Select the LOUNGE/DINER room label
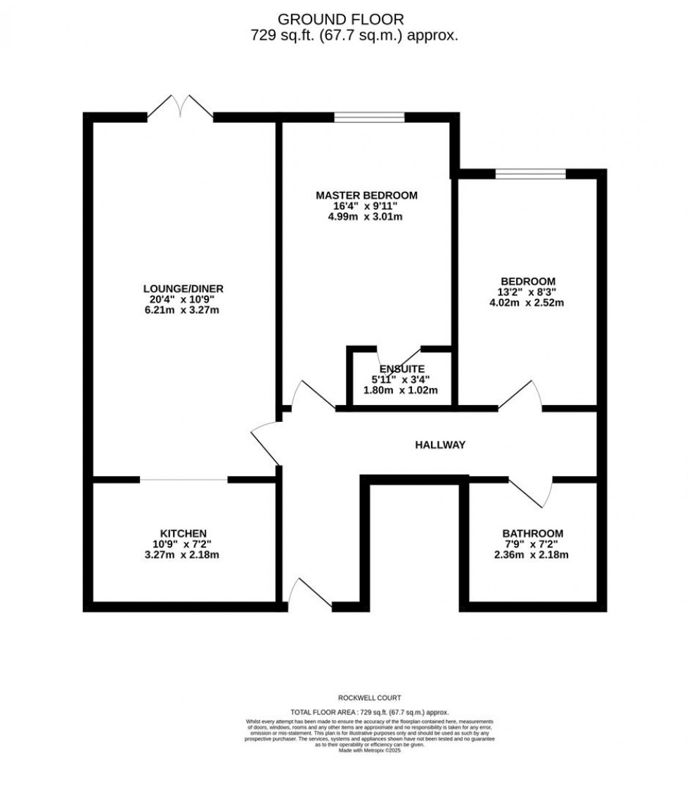coord(183,288)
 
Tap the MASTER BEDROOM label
coord(366,195)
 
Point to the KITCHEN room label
coord(183,533)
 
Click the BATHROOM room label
coord(532,534)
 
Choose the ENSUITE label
coord(401,369)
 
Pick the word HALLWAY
coord(440,444)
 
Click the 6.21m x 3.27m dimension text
coord(183,310)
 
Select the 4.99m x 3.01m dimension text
coord(366,217)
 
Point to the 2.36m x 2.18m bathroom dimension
coord(532,555)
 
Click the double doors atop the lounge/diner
coord(180,109)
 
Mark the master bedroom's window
coord(369,117)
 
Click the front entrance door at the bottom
coord(309,594)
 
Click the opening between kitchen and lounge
coord(183,480)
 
